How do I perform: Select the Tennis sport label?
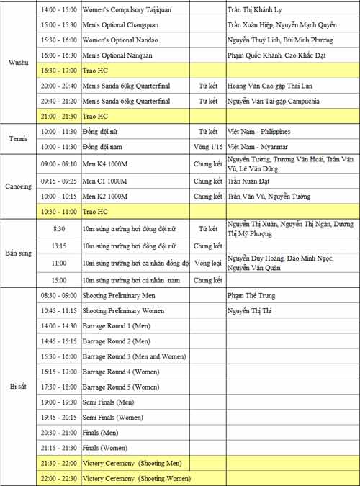pyautogui.click(x=18, y=139)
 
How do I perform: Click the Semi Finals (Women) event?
pyautogui.click(x=112, y=417)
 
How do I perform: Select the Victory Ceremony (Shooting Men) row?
pyautogui.click(x=132, y=463)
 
